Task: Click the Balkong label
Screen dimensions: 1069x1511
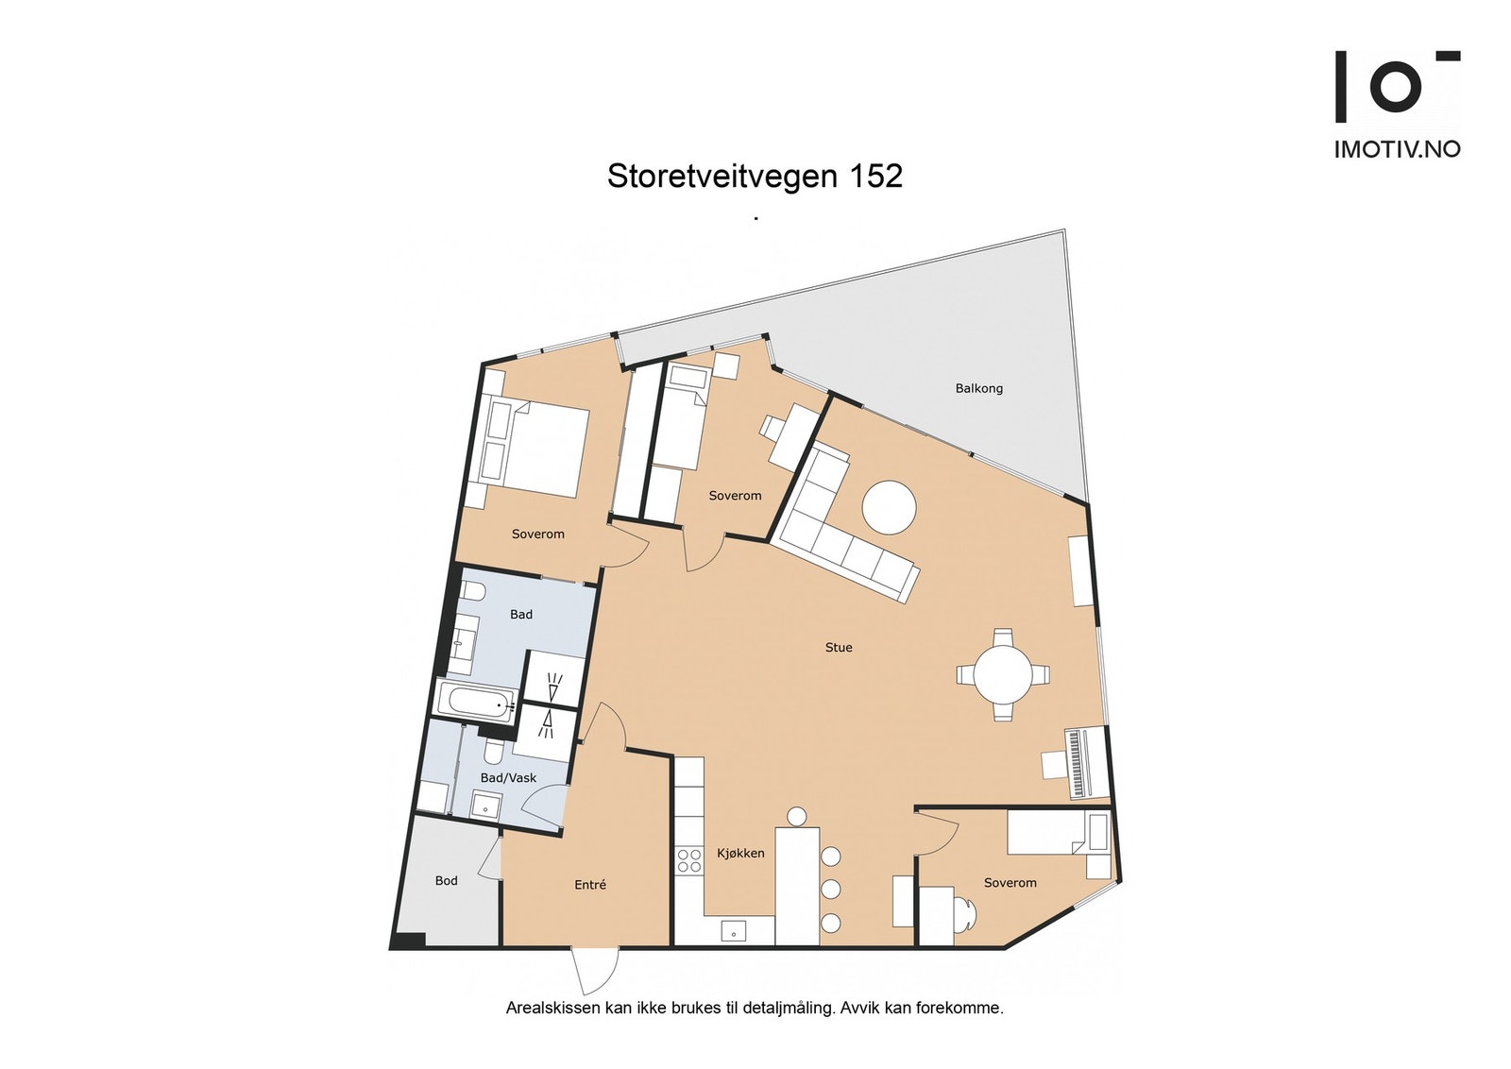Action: click(x=978, y=388)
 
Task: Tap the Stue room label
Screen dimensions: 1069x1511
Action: click(x=839, y=647)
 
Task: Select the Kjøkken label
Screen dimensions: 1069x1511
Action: click(x=740, y=853)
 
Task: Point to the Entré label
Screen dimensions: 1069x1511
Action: click(x=590, y=885)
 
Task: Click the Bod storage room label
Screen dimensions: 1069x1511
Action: click(x=446, y=881)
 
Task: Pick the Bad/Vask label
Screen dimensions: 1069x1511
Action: click(x=508, y=778)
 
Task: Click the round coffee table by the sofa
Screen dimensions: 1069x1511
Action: click(x=889, y=508)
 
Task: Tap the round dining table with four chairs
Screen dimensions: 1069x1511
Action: click(x=1002, y=675)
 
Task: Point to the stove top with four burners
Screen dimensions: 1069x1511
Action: click(x=688, y=859)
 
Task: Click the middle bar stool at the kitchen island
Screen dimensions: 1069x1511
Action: click(x=831, y=889)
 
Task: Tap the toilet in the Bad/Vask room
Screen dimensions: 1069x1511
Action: click(x=493, y=753)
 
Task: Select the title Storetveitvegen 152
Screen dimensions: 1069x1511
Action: click(x=755, y=177)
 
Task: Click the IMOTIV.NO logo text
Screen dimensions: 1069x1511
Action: click(x=1397, y=149)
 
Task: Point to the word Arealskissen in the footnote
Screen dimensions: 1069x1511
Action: click(x=546, y=1008)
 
